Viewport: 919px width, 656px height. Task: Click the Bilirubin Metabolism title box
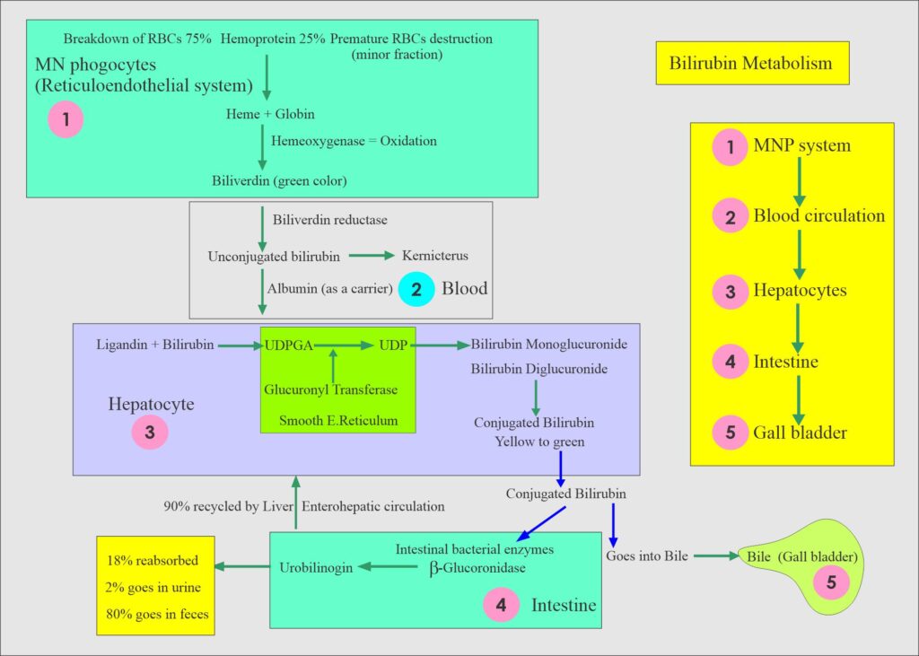point(751,64)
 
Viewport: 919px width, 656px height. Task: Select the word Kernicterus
point(435,257)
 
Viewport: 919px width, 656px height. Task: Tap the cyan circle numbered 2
point(416,288)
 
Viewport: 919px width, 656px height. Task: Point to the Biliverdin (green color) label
point(278,180)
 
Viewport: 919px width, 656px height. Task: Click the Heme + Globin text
point(269,115)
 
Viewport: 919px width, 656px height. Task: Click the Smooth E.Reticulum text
point(337,420)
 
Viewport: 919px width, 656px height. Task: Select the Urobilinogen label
point(315,567)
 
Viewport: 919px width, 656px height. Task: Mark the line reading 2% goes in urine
point(153,588)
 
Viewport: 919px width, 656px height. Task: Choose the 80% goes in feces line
point(154,615)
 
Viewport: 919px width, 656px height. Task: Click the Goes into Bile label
point(647,555)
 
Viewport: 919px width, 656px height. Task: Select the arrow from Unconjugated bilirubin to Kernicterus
point(371,257)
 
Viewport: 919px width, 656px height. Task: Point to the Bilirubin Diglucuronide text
point(539,369)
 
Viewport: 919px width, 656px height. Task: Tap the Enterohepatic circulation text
point(373,506)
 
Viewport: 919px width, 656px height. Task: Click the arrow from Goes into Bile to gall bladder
point(715,556)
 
